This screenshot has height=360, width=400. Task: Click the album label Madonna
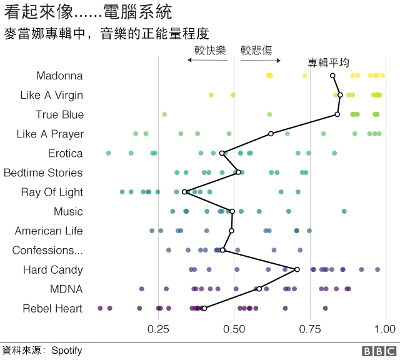[59, 76]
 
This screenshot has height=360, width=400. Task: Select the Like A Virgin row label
[51, 95]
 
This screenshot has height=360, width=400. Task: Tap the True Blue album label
[59, 114]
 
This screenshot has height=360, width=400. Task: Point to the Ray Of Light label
[52, 192]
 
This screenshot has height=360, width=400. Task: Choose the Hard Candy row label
[53, 269]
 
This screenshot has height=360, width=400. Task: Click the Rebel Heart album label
[52, 308]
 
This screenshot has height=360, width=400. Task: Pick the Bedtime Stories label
[43, 172]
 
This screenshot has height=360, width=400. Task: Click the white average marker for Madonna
[332, 76]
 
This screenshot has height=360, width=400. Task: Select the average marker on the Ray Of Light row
[184, 192]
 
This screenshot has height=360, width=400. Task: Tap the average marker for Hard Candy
[297, 269]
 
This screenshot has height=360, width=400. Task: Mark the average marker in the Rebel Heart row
[204, 308]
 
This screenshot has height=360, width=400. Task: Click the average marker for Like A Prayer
[271, 134]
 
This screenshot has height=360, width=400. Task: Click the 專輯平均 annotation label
[328, 62]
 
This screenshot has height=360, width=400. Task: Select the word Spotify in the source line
[67, 351]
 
